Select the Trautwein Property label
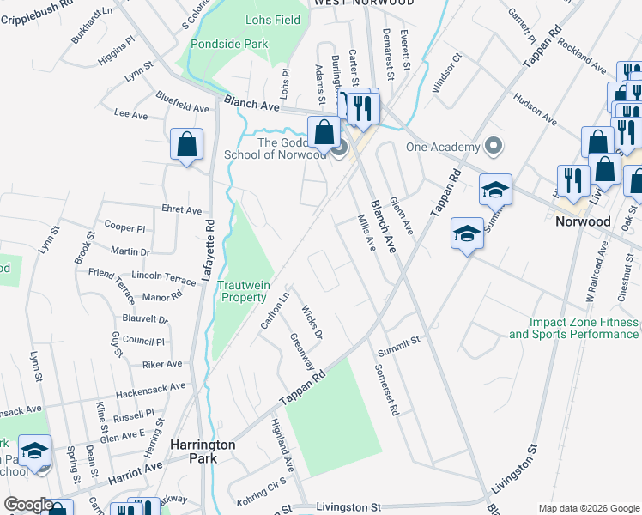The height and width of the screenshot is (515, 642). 244,291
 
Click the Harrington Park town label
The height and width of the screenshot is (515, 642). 203,451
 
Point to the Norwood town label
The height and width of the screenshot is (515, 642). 583,221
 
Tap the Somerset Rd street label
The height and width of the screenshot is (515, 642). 387,391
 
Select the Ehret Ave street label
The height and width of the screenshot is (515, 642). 181,209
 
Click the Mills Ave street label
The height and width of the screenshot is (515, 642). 366,233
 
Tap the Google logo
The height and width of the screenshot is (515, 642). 29,505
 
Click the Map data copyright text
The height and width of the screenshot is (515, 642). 588,507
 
